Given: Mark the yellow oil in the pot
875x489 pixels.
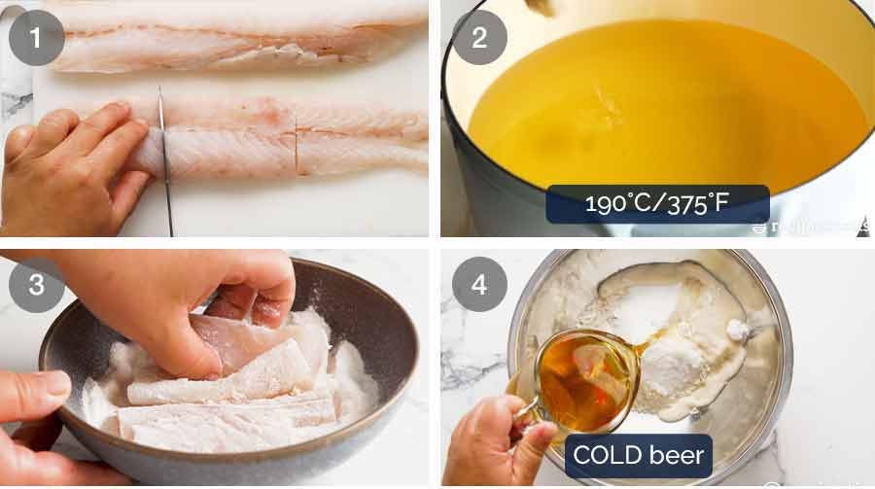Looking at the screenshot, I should click(x=681, y=107).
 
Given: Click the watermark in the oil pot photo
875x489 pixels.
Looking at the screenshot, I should click(x=812, y=227).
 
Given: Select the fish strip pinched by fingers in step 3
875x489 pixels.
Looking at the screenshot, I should click(x=258, y=340).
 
